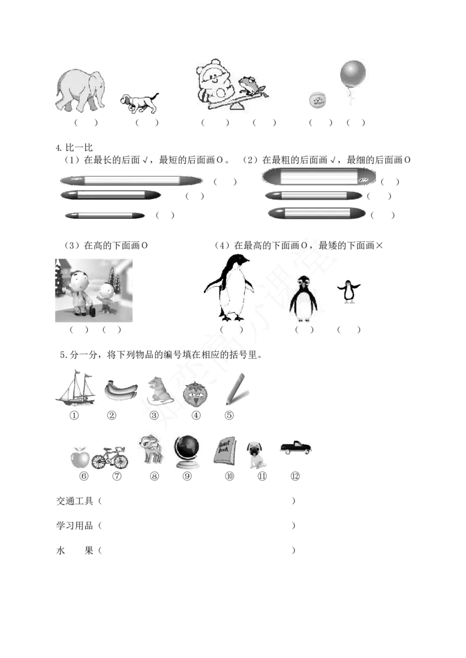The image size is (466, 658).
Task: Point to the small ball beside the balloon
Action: click(x=317, y=100)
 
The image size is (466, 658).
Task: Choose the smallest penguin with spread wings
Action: click(x=349, y=291)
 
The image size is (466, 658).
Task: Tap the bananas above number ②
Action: click(x=121, y=390)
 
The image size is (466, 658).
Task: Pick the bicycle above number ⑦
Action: click(x=110, y=457)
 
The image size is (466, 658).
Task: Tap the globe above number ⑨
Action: click(x=187, y=452)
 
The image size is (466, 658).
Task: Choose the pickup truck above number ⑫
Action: click(x=296, y=447)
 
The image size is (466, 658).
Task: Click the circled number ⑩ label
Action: click(x=230, y=476)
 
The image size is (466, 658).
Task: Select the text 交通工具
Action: click(x=75, y=501)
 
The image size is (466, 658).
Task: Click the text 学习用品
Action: click(x=75, y=526)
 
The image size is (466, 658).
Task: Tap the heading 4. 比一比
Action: click(x=74, y=147)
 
